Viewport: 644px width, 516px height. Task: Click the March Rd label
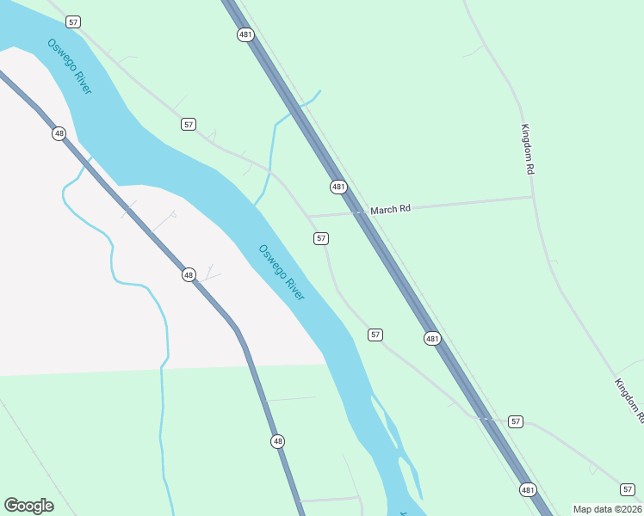[x=391, y=209]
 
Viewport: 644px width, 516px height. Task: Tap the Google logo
[x=28, y=506]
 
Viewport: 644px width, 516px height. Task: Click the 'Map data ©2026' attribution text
[x=607, y=509]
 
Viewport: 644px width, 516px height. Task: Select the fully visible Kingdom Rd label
[x=528, y=150]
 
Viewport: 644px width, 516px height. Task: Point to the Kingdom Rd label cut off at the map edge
[x=629, y=400]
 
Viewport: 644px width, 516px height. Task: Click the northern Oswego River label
[x=70, y=66]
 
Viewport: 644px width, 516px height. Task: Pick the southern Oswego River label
[x=282, y=272]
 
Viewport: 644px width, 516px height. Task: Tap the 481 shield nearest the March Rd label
[x=338, y=187]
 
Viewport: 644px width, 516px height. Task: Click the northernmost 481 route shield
[x=245, y=34]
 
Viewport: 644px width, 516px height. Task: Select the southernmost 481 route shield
[x=528, y=489]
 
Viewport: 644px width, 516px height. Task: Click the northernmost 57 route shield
[x=72, y=21]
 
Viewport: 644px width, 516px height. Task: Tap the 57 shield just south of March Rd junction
[x=321, y=238]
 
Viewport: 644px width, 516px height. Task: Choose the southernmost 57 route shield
[x=628, y=488]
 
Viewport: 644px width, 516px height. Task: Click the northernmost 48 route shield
[x=59, y=133]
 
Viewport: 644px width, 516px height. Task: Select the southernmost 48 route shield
[x=277, y=441]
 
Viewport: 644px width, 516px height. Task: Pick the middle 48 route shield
[x=189, y=274]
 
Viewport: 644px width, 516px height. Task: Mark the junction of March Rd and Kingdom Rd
[x=533, y=197]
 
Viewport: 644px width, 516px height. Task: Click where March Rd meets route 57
[x=307, y=215]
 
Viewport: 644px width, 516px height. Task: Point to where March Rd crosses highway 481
[x=359, y=211]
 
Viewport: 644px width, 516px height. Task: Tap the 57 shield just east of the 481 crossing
[x=515, y=421]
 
